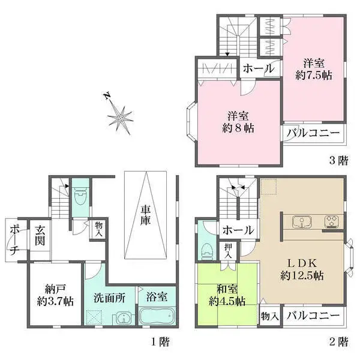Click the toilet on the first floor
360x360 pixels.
point(80,196)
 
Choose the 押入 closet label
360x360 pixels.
point(229,250)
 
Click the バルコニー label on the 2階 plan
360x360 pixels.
point(312,315)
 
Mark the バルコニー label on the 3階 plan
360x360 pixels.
point(312,133)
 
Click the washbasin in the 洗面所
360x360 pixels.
point(122,318)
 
